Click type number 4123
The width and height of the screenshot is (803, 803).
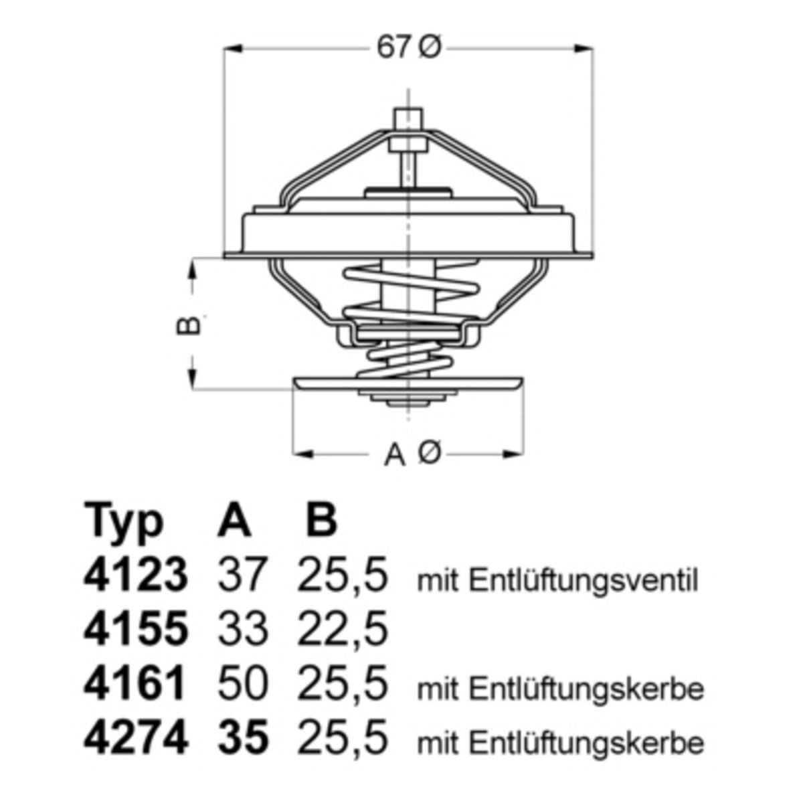pos(135,577)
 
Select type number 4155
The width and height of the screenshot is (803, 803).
pos(135,630)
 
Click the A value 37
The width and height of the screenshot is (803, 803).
pos(242,577)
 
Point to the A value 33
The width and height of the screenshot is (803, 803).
pos(242,630)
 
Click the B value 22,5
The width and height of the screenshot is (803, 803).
pos(342,630)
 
